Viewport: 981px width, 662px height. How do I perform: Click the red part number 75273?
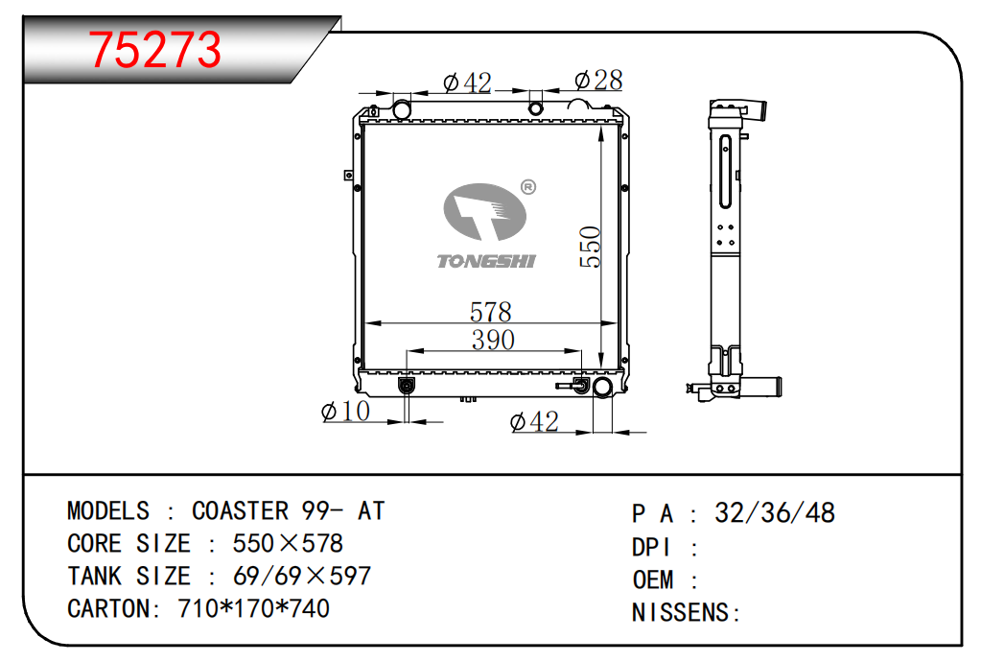tap(154, 50)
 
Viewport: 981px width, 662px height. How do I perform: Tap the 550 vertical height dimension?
tap(590, 247)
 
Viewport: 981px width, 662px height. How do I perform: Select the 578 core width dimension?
tap(491, 312)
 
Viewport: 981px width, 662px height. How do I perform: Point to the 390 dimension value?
tap(493, 340)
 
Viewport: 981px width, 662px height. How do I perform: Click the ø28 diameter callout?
tap(598, 80)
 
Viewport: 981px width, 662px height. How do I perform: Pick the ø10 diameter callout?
tap(345, 411)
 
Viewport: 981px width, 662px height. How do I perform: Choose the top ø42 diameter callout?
tap(467, 83)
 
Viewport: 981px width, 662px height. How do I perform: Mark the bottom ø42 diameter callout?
tap(534, 422)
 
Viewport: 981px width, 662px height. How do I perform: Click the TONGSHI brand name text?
tap(486, 261)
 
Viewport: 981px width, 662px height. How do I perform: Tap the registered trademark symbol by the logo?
tap(528, 187)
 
